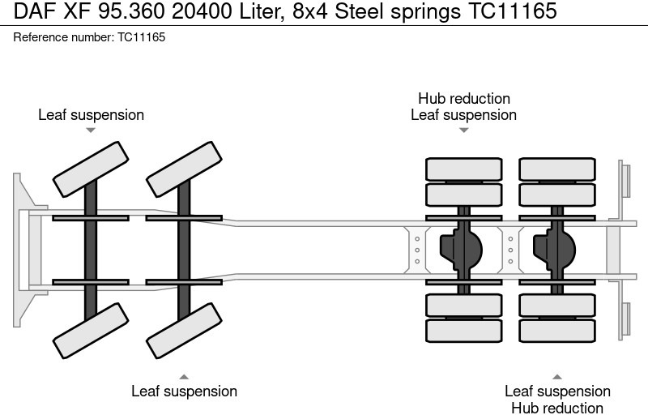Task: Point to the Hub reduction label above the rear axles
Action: (463, 99)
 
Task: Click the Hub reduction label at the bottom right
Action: (556, 408)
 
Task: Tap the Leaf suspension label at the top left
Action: (91, 115)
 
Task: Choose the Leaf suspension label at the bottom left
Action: (184, 391)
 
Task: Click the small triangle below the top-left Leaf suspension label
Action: (91, 130)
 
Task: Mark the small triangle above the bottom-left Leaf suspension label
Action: (184, 376)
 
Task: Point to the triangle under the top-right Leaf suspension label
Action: (463, 130)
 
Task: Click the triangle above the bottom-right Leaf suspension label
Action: (557, 376)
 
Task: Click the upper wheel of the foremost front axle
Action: (91, 168)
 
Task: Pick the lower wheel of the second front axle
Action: (185, 331)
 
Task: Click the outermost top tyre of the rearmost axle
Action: (556, 169)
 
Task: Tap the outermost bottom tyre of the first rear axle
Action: (463, 330)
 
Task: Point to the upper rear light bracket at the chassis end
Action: (625, 179)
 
